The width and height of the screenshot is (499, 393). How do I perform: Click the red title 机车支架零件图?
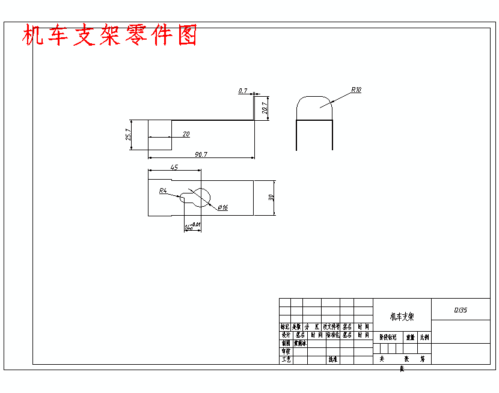tap(109, 36)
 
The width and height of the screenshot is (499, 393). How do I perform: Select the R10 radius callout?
tap(356, 90)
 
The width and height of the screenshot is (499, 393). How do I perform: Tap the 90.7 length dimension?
tap(201, 154)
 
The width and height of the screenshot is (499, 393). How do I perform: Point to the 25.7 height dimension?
tap(128, 135)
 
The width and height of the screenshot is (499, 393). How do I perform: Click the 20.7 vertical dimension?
tap(265, 108)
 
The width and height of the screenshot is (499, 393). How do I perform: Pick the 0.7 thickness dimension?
tap(243, 91)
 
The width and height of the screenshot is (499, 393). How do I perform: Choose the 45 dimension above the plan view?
tap(174, 168)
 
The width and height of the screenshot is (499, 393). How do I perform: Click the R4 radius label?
tap(163, 190)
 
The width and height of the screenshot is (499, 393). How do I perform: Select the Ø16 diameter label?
tap(222, 207)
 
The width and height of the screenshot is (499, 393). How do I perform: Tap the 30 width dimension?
tap(271, 197)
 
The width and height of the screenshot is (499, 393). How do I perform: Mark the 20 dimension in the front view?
tap(186, 134)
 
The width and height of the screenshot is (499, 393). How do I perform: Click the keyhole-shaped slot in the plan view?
tap(198, 196)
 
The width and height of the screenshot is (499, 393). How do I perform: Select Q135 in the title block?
tap(461, 309)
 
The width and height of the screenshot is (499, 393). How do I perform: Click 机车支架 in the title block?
tap(402, 316)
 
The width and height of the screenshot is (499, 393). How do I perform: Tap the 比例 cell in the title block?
tap(424, 338)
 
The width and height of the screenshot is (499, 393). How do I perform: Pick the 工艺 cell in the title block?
tap(286, 359)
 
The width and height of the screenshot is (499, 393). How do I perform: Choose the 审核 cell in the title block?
tap(286, 352)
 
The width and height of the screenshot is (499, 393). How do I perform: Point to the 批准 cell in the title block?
tap(332, 359)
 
